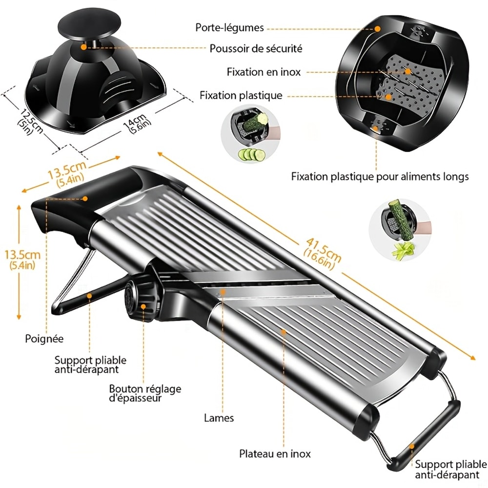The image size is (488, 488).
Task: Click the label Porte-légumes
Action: (229, 27)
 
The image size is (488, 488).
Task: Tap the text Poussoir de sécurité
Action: (256, 48)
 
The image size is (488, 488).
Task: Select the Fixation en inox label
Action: (264, 72)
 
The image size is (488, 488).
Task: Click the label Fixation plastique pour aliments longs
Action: (380, 176)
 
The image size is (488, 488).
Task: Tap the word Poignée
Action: (44, 338)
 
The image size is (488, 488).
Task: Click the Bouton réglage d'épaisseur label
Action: (145, 393)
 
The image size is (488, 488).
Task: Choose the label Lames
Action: (219, 418)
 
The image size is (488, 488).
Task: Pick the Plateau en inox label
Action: (275, 454)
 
